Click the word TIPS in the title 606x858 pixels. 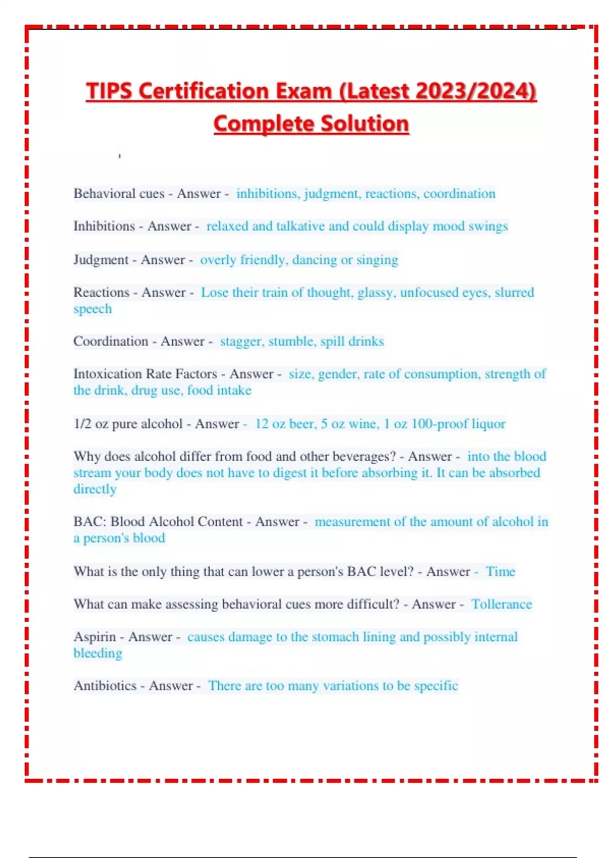coord(109,91)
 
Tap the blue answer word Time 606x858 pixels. coord(500,572)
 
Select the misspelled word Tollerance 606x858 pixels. coord(501,605)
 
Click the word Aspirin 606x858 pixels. coord(94,637)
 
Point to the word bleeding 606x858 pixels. coord(98,654)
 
